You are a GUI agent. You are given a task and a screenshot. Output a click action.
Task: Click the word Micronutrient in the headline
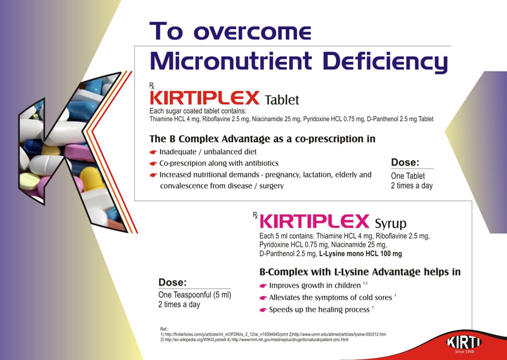231,60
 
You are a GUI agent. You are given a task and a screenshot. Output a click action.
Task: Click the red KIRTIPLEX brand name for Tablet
205,98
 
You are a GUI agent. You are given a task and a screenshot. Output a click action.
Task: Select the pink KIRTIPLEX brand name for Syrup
314,222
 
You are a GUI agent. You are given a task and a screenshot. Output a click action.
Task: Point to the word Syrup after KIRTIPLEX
390,224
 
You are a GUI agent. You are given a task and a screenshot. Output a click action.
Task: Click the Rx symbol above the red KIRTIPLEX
152,86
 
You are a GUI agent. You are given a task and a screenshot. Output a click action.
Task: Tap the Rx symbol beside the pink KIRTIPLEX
256,215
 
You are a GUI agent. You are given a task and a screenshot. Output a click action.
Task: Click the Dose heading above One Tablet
405,162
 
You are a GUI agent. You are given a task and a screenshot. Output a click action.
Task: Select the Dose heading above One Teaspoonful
172,282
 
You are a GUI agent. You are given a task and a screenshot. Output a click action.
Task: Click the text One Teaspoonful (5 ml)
195,295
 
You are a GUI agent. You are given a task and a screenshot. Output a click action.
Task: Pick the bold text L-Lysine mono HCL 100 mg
360,254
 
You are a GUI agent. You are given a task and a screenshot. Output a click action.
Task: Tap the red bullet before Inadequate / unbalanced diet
153,152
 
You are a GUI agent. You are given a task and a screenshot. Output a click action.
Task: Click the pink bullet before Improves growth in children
263,286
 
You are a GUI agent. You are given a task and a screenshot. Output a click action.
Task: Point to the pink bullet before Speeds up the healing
263,310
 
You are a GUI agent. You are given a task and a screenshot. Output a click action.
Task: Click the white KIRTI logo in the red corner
464,342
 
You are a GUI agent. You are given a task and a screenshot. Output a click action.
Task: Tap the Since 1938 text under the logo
464,351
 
